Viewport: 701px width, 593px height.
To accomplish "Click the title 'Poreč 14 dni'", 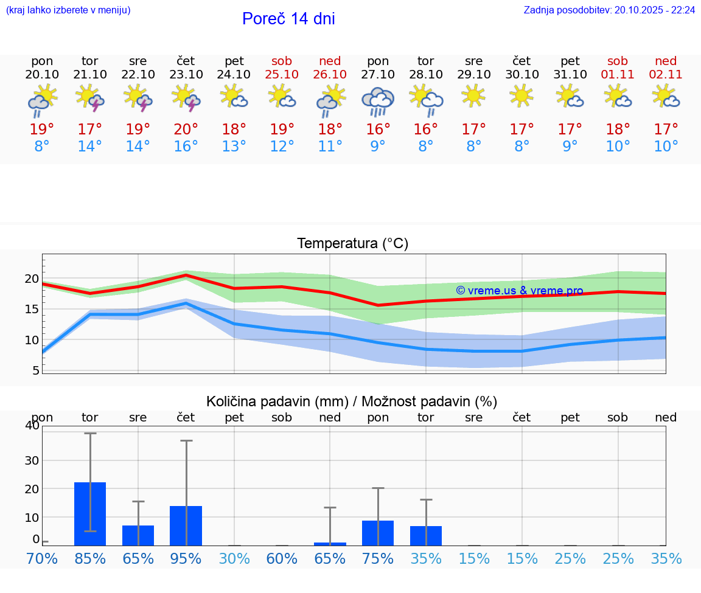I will tap(288, 19).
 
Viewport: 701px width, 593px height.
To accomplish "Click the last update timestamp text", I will tap(609, 10).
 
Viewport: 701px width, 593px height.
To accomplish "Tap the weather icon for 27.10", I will tap(378, 100).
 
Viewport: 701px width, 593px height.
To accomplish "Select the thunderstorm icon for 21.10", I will tap(90, 99).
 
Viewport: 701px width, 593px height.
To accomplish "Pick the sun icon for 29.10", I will tap(473, 96).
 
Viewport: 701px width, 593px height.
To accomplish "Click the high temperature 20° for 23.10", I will tap(186, 129).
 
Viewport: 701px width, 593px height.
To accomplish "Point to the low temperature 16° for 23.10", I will tap(186, 146).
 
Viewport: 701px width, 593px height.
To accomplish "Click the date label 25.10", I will tap(282, 74).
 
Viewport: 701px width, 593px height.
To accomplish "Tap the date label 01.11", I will tap(618, 74).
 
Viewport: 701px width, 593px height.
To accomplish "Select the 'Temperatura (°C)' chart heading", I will tap(352, 243).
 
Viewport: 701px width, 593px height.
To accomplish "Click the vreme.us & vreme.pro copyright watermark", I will tap(519, 291).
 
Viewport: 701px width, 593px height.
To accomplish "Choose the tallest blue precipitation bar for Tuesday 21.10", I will tap(90, 514).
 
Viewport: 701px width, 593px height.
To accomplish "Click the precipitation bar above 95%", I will tap(186, 525).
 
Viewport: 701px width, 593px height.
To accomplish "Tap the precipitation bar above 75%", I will tap(378, 533).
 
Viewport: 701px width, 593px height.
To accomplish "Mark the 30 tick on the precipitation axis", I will tap(32, 460).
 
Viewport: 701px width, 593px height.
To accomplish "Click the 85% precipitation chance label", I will tap(90, 558).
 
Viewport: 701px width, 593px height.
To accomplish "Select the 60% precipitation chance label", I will tap(282, 558).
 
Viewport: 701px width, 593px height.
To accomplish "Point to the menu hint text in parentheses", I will tap(68, 10).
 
